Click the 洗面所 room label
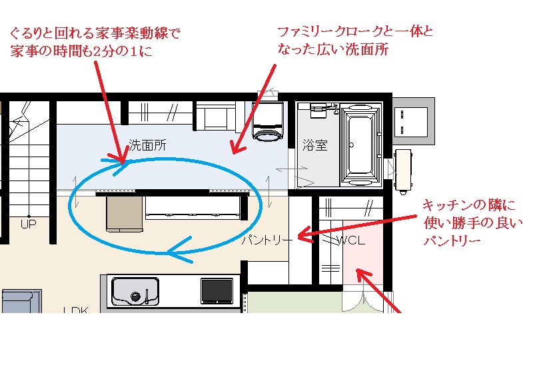147,145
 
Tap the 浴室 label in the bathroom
315,145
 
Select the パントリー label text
267,240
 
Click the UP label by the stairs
28,224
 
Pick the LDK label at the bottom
76,310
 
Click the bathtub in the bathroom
360,145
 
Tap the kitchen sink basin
135,291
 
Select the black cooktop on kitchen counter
217,291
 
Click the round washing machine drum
268,135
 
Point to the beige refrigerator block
124,213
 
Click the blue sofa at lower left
21,301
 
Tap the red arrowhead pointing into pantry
305,234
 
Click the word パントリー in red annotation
452,241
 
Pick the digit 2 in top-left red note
98,51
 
